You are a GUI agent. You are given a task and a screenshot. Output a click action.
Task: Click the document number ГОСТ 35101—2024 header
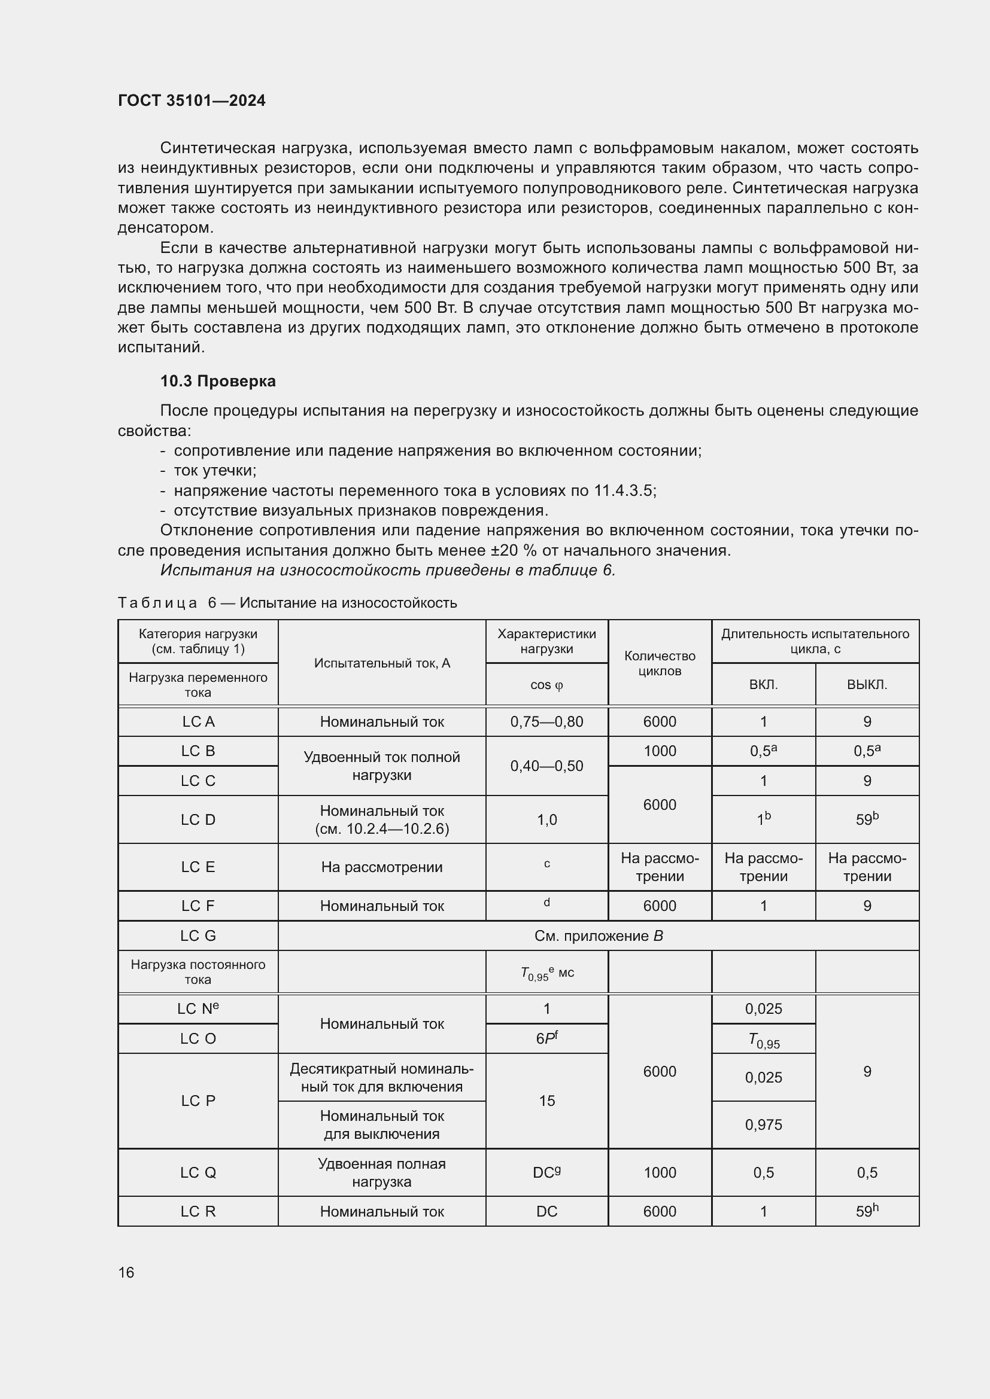point(192,100)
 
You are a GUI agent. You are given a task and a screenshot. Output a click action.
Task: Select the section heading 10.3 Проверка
point(218,382)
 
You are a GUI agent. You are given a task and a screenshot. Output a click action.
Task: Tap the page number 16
point(126,1272)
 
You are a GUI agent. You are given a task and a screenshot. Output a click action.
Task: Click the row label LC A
point(198,721)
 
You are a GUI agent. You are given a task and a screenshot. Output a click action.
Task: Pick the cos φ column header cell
point(546,684)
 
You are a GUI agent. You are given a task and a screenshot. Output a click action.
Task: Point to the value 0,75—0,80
point(546,721)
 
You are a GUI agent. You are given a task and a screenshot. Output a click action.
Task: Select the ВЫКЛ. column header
point(866,684)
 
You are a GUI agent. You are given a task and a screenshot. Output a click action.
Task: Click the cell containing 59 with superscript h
point(866,1211)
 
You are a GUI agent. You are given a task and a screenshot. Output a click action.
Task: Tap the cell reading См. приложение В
point(598,935)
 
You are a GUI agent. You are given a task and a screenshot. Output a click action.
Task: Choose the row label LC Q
point(198,1172)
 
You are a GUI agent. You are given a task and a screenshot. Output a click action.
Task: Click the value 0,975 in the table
point(763,1125)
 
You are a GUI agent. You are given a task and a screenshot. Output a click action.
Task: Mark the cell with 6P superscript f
point(546,1038)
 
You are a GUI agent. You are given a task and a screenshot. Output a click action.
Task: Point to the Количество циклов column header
point(660,663)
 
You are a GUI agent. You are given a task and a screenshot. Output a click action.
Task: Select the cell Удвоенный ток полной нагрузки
point(382,766)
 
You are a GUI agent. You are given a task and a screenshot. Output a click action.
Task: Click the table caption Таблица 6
point(287,603)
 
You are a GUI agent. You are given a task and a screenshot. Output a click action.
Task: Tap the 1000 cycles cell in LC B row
point(660,751)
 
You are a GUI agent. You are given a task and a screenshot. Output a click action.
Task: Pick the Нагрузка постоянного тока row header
point(198,972)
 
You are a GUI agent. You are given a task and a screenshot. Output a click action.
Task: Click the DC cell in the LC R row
point(546,1211)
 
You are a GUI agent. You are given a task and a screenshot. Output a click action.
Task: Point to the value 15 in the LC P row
point(546,1101)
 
